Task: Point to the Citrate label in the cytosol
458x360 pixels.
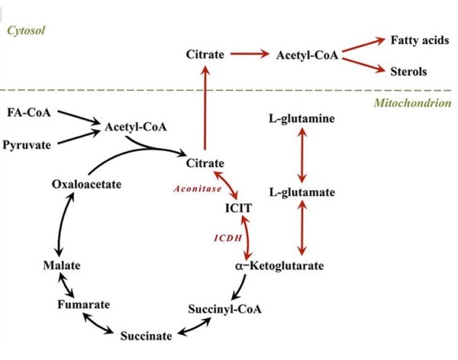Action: pyautogui.click(x=205, y=55)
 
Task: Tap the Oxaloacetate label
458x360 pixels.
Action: pyautogui.click(x=84, y=184)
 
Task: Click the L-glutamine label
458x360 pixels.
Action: pyautogui.click(x=302, y=119)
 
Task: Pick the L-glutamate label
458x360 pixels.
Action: pyautogui.click(x=302, y=192)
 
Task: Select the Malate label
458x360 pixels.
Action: pyautogui.click(x=61, y=265)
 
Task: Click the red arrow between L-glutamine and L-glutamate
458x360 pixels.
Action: pyautogui.click(x=302, y=156)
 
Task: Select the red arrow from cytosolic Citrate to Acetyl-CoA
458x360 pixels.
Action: pyautogui.click(x=250, y=55)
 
